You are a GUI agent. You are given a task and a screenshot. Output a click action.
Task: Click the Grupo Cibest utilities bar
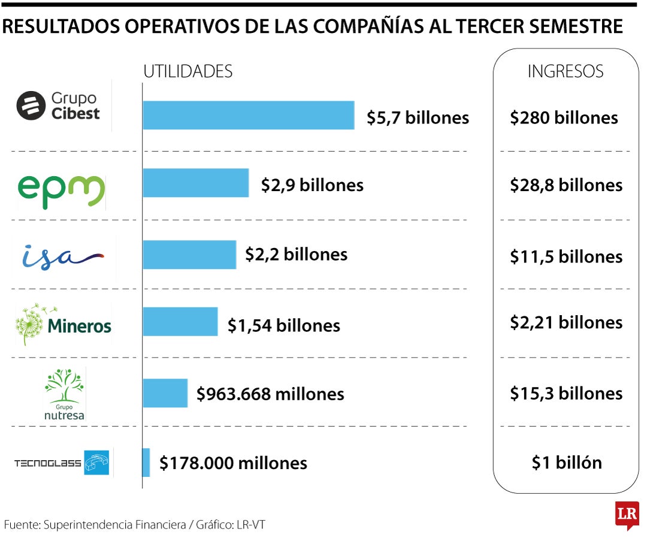tap(248, 115)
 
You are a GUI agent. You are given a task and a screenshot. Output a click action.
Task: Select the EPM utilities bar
tap(195, 183)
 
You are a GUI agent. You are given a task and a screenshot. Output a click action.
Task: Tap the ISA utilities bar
tap(189, 254)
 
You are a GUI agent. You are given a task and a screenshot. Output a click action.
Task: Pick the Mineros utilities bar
tap(180, 322)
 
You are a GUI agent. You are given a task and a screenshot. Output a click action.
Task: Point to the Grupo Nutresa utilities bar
tap(165, 393)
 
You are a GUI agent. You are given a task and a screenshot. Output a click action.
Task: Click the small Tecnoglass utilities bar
tap(146, 463)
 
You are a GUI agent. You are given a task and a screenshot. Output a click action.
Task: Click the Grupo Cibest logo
tap(58, 106)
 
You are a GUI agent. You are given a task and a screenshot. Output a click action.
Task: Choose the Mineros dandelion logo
tap(64, 324)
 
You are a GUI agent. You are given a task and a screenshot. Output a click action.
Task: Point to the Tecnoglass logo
tap(63, 463)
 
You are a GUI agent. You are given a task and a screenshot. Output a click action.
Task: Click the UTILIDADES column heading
tap(188, 71)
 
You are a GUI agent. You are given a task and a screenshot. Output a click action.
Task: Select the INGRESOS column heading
tap(565, 71)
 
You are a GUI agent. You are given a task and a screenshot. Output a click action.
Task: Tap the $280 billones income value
tap(564, 117)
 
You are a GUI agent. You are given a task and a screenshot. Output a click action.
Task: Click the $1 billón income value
tap(566, 463)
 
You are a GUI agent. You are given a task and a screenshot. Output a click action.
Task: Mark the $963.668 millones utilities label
tap(270, 394)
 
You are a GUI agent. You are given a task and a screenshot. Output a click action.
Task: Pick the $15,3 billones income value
tap(566, 393)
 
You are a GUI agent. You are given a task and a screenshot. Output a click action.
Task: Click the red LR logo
tap(626, 514)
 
